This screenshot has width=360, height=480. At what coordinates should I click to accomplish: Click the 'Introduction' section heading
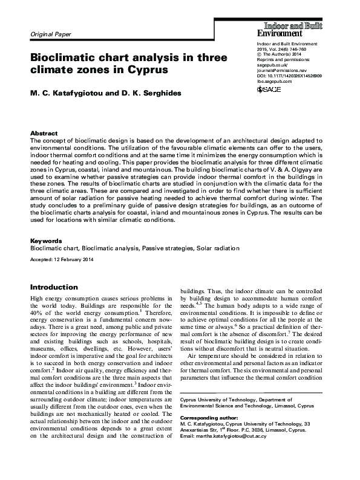click(53, 287)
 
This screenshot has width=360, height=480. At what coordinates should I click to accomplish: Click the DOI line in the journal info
click(289, 75)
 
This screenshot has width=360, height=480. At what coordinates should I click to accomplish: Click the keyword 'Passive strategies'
click(160, 248)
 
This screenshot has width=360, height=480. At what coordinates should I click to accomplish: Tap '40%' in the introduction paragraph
click(37, 313)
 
